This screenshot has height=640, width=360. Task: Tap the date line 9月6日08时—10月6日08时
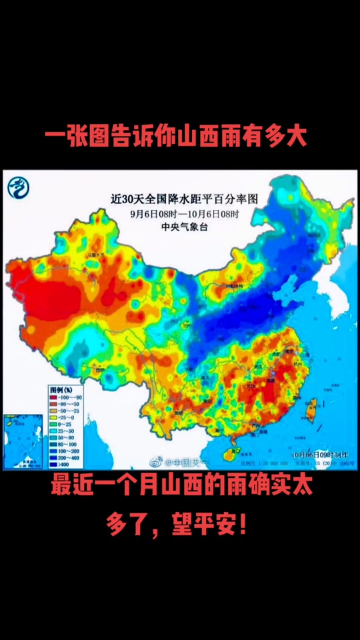[x=184, y=215]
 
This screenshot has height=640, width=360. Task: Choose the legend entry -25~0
[x=63, y=418]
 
